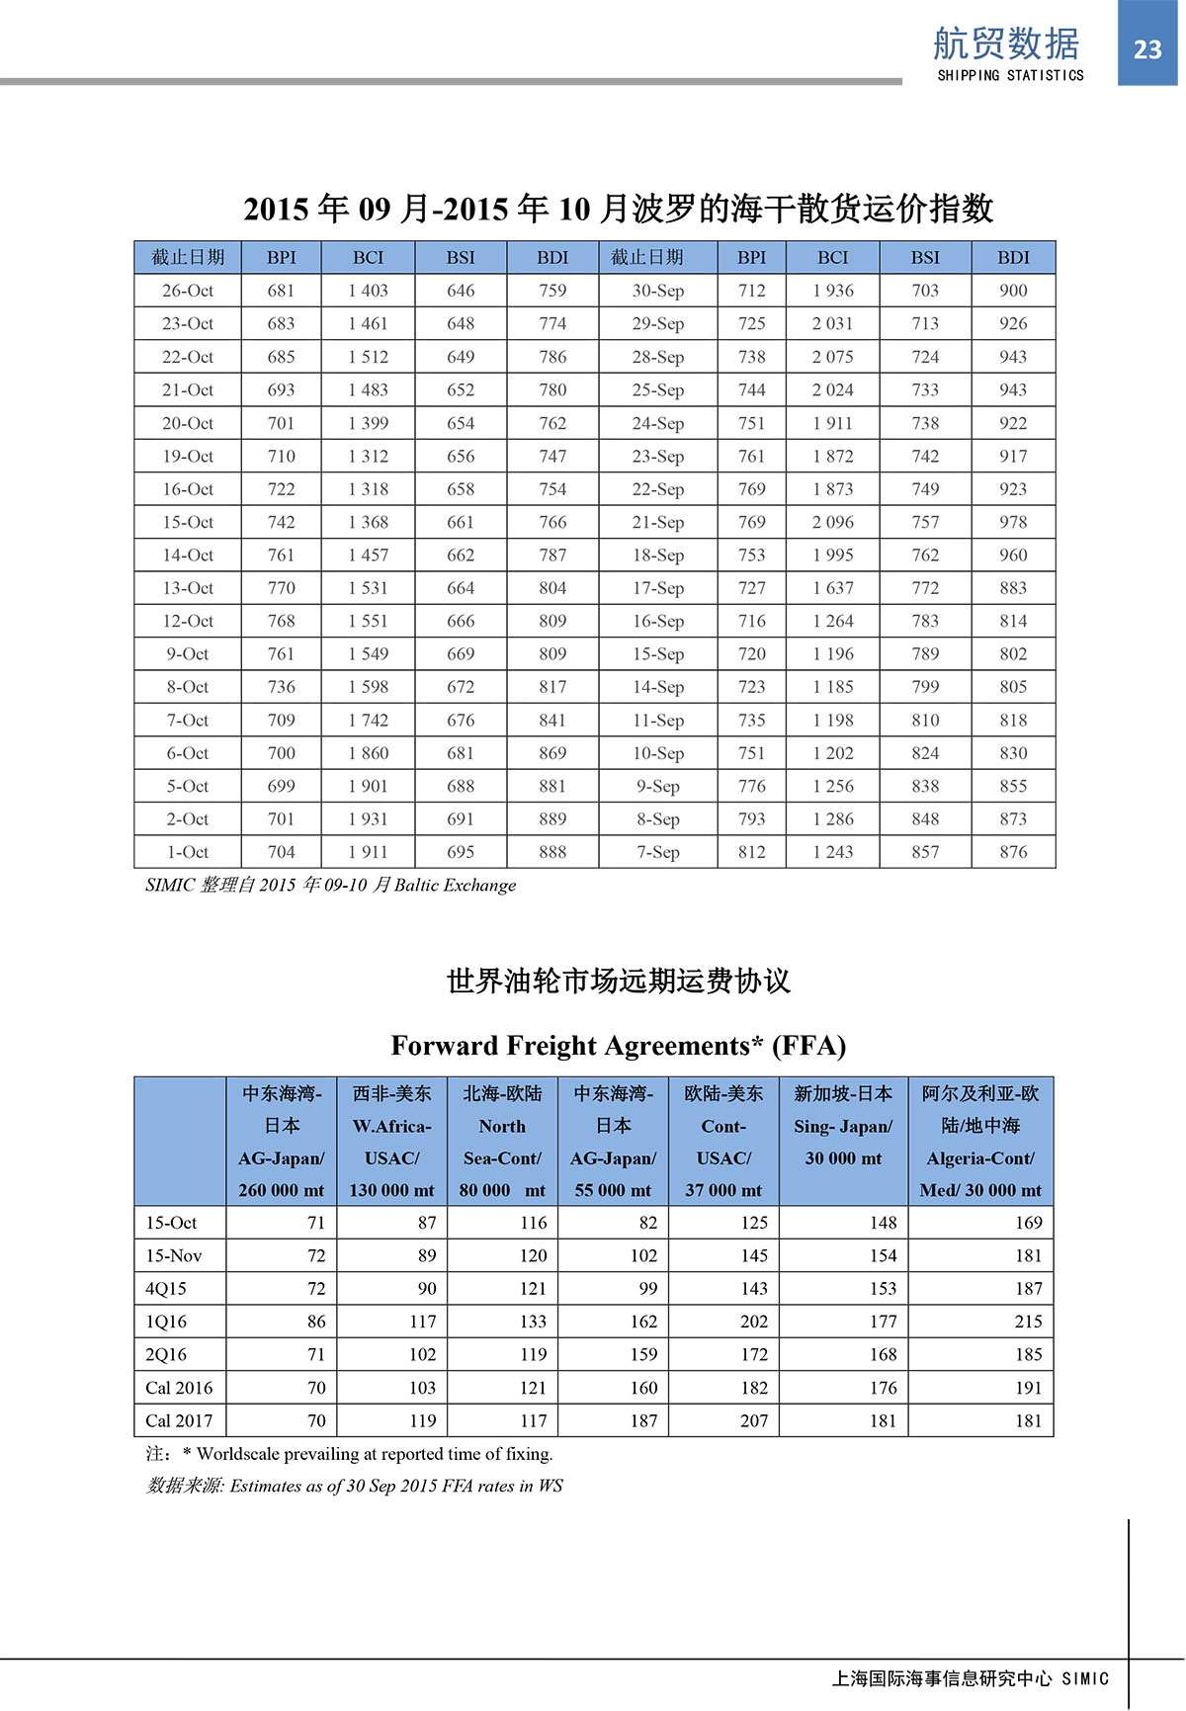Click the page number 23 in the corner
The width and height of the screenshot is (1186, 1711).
(x=1147, y=49)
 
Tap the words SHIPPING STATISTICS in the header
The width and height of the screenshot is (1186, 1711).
(x=1010, y=75)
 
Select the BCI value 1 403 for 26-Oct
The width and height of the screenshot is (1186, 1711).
(x=368, y=291)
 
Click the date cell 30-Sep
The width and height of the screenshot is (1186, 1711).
(x=657, y=291)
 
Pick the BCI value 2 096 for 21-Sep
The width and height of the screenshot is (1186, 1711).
(x=832, y=522)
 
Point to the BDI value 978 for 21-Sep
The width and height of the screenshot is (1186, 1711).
(x=1013, y=522)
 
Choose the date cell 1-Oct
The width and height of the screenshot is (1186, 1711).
(x=187, y=852)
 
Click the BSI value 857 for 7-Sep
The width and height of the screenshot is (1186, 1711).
(x=925, y=852)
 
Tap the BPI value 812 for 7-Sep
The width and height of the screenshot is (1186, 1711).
(x=751, y=852)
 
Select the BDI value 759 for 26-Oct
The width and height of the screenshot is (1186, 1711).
(x=552, y=291)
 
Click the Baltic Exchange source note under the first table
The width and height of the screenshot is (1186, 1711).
(x=330, y=886)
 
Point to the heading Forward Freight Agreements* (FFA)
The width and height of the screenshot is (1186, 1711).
(x=618, y=1046)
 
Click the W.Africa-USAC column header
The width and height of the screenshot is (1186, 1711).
(x=391, y=1142)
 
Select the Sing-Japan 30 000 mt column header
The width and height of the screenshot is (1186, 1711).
(x=843, y=1126)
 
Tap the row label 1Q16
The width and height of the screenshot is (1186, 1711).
(x=166, y=1322)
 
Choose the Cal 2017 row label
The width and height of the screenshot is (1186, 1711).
(x=179, y=1421)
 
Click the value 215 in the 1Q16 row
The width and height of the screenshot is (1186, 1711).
(x=1028, y=1322)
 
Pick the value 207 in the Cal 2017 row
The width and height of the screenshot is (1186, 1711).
(x=753, y=1421)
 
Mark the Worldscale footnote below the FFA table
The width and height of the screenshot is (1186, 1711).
(x=350, y=1454)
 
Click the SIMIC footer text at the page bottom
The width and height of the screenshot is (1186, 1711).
(x=971, y=1678)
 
